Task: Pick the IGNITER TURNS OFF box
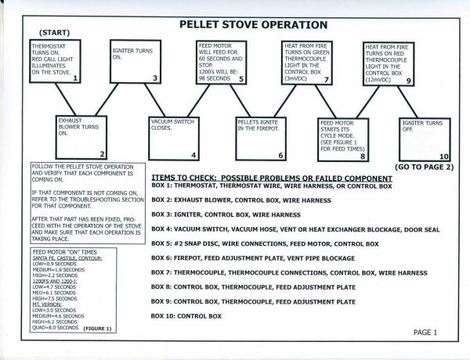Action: pyautogui.click(x=425, y=138)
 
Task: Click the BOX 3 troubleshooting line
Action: pyautogui.click(x=226, y=214)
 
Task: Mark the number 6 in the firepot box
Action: pyautogui.click(x=281, y=156)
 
